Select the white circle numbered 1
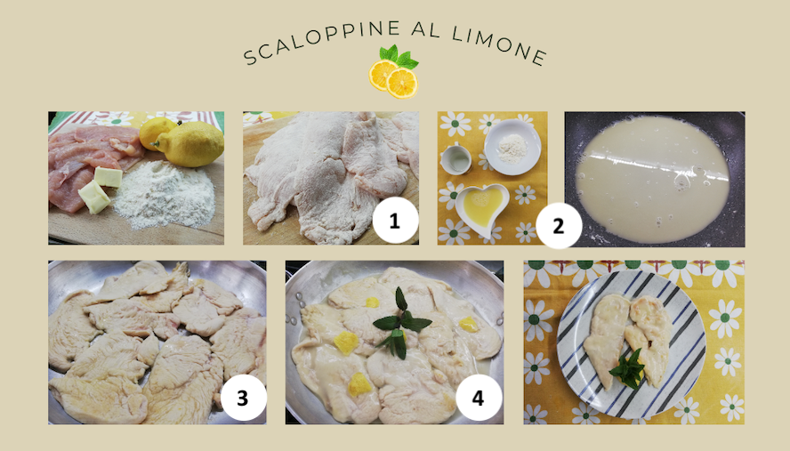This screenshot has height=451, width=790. (395, 221)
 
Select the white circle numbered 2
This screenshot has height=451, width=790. (558, 226)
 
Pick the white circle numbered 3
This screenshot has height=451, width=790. (243, 399)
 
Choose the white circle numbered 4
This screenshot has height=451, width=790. (478, 399)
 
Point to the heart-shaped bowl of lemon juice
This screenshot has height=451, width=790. (480, 207)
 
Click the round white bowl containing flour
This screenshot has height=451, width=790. (512, 148)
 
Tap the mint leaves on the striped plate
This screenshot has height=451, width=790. (627, 369)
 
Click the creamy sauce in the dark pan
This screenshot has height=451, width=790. (652, 179)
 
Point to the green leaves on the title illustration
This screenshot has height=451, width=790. (399, 56)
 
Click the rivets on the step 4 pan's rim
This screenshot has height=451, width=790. (294, 310)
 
